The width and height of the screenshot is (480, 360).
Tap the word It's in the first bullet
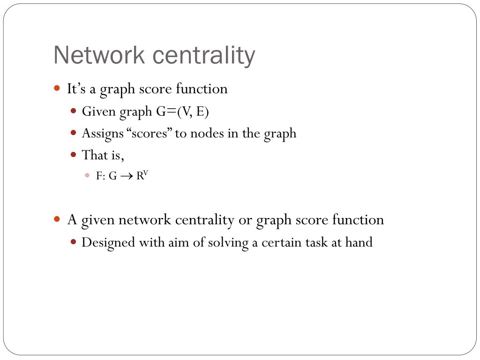tap(76, 89)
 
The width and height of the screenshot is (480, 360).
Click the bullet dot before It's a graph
tap(57, 88)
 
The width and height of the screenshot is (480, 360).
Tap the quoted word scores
tap(150, 133)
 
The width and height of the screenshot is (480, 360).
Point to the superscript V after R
tap(145, 173)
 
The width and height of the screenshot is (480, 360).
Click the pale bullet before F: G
tap(87, 176)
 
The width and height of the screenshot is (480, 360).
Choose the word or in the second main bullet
tap(245, 219)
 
